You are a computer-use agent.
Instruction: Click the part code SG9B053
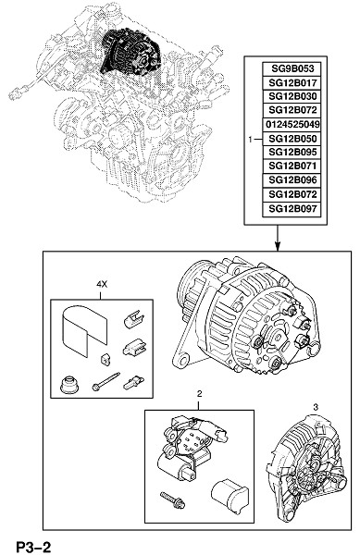click(292, 68)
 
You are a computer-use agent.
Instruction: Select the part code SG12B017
click(292, 83)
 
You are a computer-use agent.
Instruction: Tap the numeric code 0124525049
click(292, 124)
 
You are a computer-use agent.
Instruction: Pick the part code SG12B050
click(292, 139)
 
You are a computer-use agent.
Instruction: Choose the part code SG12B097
click(292, 208)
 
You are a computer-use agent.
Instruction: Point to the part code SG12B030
click(292, 96)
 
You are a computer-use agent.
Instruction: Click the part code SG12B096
click(292, 180)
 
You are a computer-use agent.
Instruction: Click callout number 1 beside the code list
click(250, 140)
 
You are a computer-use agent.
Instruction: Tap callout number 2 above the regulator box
click(199, 393)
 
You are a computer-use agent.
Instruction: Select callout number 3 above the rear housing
click(316, 407)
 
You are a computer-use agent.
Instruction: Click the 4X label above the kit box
click(101, 284)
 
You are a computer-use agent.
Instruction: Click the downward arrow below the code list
click(278, 238)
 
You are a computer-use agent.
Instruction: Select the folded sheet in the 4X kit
click(84, 329)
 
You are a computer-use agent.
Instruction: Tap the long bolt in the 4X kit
click(106, 381)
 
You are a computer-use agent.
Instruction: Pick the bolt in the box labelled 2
click(172, 499)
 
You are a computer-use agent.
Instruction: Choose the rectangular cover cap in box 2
click(229, 492)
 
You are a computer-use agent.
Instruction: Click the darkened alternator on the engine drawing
click(131, 52)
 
